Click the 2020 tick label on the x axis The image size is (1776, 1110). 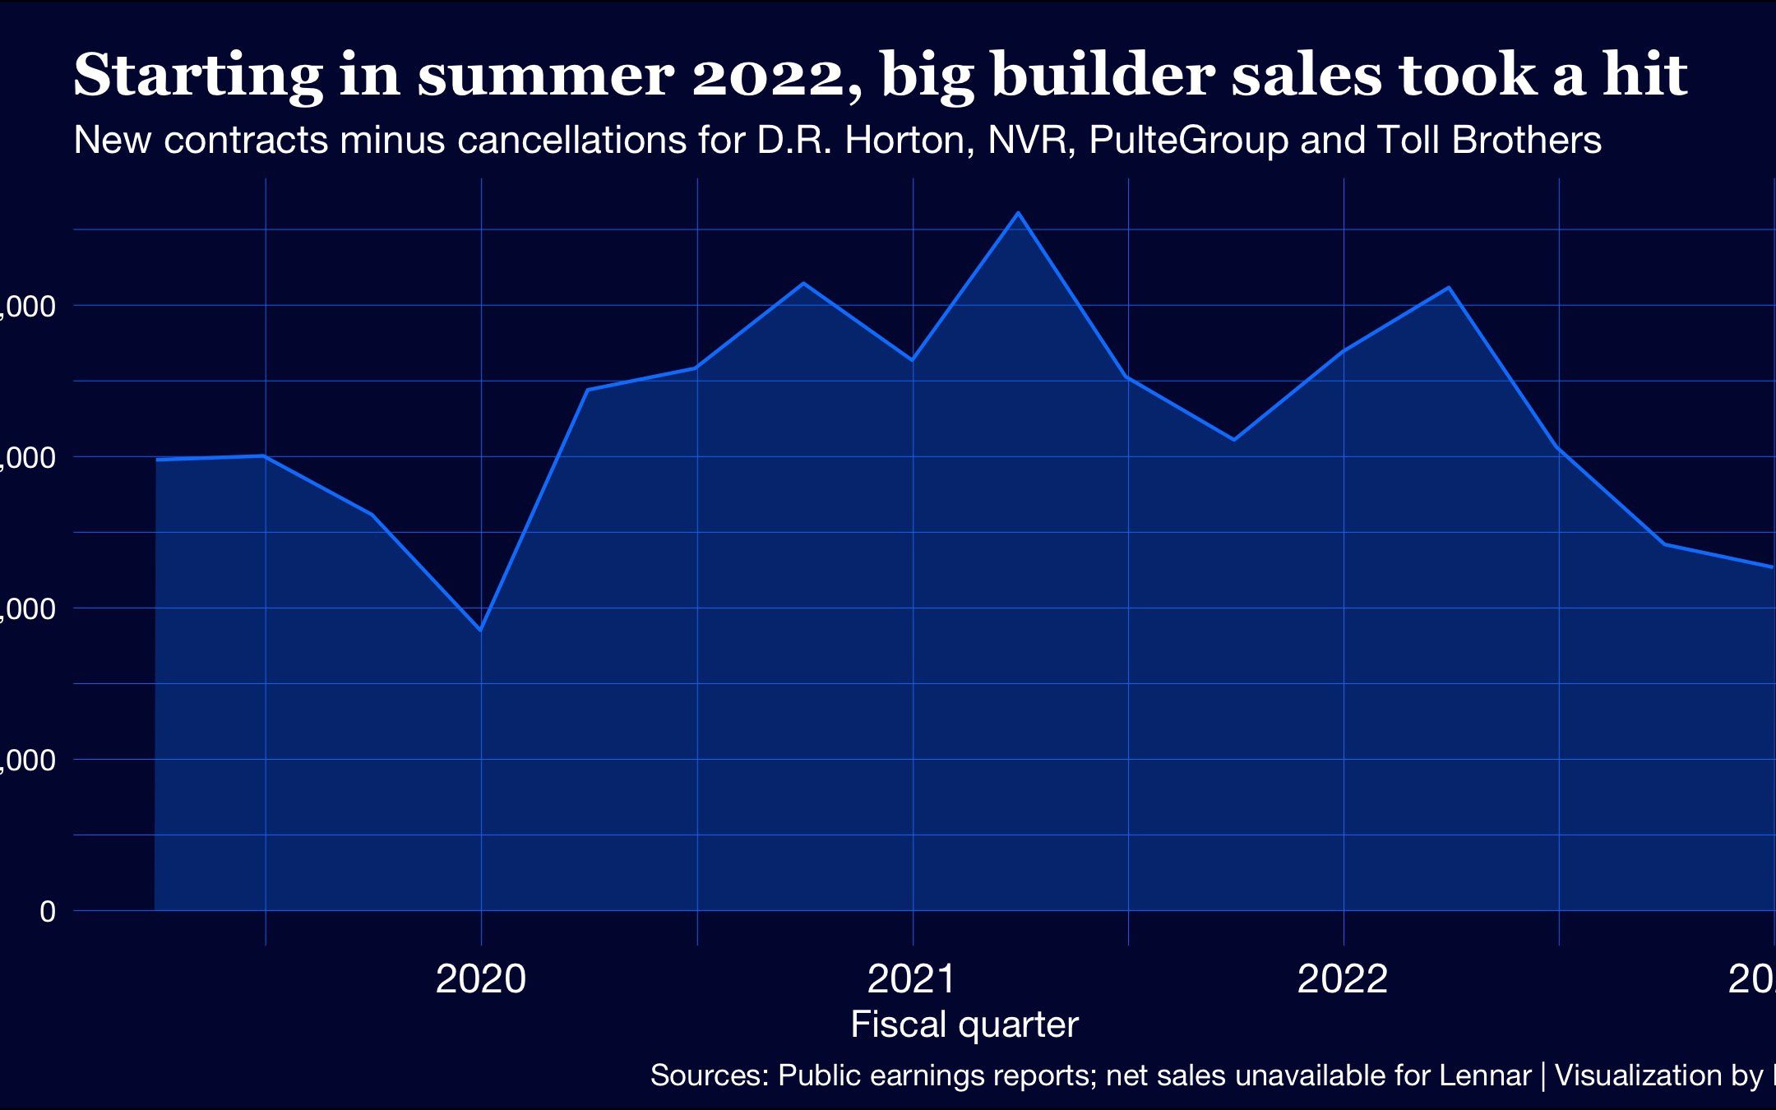point(480,979)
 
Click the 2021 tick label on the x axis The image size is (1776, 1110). point(912,979)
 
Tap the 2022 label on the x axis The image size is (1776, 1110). point(1343,979)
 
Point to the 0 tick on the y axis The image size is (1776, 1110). point(48,911)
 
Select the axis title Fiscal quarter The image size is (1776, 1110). point(964,1024)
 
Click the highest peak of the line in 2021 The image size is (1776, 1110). point(1019,213)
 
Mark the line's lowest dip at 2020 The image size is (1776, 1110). point(480,630)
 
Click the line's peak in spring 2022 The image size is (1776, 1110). point(1449,287)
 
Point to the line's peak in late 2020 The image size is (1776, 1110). point(803,283)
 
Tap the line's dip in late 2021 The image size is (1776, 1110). point(1233,440)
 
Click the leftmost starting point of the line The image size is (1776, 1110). point(156,460)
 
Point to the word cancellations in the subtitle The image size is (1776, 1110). point(571,141)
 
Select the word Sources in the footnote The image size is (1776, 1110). point(709,1075)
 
